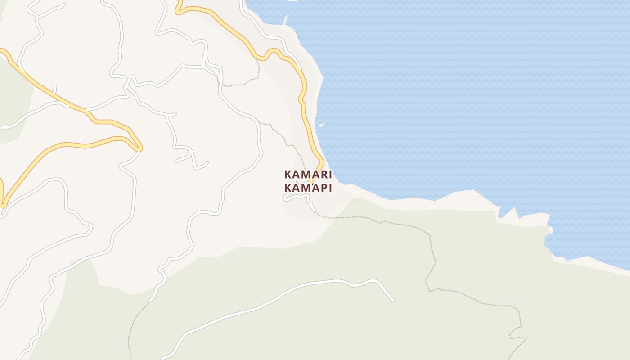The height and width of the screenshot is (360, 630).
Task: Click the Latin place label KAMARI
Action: pyautogui.click(x=308, y=174)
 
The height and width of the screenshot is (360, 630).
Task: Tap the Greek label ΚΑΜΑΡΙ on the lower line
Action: pyautogui.click(x=308, y=188)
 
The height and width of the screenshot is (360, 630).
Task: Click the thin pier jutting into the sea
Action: pyautogui.click(x=285, y=20)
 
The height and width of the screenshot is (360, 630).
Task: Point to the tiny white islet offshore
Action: pyautogui.click(x=321, y=125)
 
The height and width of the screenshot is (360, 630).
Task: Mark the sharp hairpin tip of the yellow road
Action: pyautogui.click(x=140, y=147)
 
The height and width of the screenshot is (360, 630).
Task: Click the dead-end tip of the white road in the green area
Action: pyautogui.click(x=393, y=300)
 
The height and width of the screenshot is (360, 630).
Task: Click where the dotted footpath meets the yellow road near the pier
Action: pyautogui.click(x=257, y=58)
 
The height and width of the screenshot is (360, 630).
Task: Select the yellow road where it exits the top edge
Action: pyautogui.click(x=177, y=2)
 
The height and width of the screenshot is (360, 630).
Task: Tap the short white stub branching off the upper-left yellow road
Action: pyautogui.click(x=55, y=89)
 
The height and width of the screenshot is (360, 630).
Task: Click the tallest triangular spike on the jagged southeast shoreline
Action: pyautogui.click(x=513, y=210)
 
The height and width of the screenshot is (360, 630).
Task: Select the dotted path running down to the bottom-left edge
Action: pyautogui.click(x=130, y=342)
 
